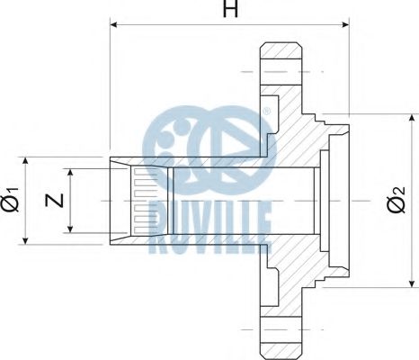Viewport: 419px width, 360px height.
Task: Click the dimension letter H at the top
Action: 230,9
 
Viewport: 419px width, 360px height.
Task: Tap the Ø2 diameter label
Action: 396,200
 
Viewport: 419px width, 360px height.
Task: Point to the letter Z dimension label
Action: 54,201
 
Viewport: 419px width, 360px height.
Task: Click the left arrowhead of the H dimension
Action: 113,24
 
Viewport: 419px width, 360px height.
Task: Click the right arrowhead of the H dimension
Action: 345,24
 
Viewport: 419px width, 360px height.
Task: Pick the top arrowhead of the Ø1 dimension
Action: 25,160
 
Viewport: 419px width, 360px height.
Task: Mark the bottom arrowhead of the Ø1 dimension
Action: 25,240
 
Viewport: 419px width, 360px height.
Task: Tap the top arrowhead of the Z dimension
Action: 70,172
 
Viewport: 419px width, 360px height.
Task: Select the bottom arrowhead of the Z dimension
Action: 70,229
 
